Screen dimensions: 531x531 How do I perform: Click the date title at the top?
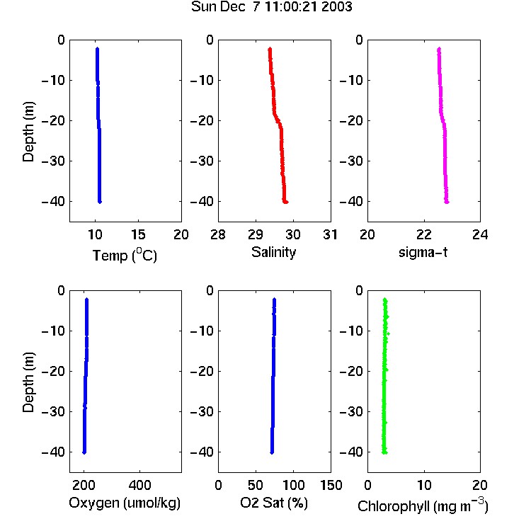(272, 6)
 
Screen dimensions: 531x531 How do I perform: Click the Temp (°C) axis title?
(125, 255)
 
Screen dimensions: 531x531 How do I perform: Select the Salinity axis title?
(273, 252)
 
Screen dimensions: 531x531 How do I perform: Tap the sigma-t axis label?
(423, 252)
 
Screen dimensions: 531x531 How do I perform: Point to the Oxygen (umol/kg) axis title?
(125, 503)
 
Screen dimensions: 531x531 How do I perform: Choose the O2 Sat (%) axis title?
(274, 503)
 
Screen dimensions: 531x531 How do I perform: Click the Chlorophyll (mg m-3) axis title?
(423, 506)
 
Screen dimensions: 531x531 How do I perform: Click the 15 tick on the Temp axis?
(138, 234)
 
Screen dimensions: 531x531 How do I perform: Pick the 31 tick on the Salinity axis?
(330, 234)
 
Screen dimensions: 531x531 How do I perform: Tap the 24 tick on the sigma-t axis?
(480, 234)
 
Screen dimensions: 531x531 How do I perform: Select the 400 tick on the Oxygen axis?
(139, 485)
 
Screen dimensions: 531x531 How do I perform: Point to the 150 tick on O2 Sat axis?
(331, 485)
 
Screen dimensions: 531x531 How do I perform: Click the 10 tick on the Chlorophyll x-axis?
(424, 485)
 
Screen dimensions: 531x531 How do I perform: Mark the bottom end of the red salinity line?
(286, 202)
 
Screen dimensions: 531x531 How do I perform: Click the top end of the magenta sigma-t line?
(439, 48)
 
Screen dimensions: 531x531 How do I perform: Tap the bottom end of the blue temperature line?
(100, 202)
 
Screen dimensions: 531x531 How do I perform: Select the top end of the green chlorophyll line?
(384, 299)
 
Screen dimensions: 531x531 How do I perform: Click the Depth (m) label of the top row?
(29, 132)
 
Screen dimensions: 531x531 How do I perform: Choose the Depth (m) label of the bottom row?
(29, 382)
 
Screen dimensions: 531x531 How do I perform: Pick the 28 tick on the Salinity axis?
(218, 234)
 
